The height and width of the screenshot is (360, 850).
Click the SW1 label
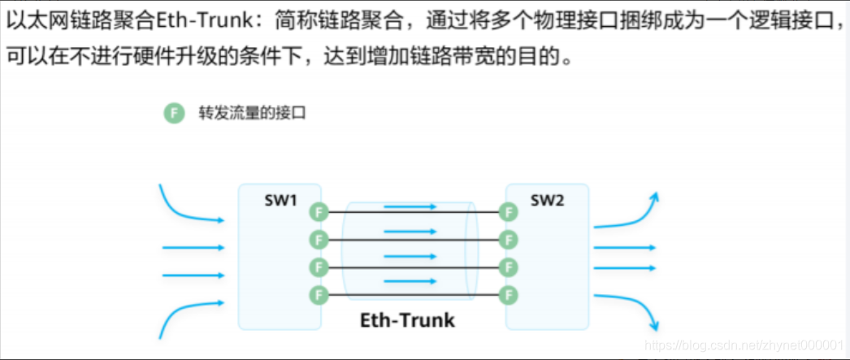click(x=280, y=201)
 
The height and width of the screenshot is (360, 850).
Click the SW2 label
click(x=546, y=201)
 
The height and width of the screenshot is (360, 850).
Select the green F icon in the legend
click(x=173, y=113)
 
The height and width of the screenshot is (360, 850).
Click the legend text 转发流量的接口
click(x=251, y=113)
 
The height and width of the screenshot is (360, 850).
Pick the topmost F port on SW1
click(x=319, y=213)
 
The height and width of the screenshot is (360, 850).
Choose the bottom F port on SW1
click(x=319, y=293)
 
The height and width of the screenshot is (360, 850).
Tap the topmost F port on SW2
click(x=509, y=213)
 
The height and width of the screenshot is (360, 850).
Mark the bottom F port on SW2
click(x=509, y=293)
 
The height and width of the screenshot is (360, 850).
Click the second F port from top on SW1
click(x=319, y=240)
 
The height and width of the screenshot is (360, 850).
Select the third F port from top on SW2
click(x=509, y=267)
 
